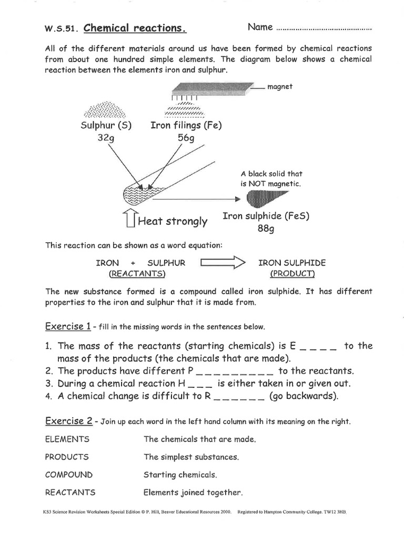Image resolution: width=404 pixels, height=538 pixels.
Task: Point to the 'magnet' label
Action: (x=280, y=87)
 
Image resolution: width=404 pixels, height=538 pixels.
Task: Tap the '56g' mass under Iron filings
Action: (x=186, y=138)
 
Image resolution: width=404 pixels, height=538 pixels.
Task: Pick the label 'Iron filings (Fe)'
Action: (x=186, y=126)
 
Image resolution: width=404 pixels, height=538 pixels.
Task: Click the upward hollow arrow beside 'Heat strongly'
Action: (x=130, y=219)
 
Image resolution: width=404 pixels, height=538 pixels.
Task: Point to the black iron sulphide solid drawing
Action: (x=266, y=199)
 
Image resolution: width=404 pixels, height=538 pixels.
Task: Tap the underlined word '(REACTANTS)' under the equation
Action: (x=137, y=274)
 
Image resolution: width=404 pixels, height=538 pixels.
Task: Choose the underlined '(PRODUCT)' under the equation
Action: (x=292, y=274)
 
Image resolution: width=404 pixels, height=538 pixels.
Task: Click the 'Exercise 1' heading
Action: (x=68, y=326)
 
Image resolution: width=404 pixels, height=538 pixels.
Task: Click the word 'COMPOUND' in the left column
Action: (x=68, y=474)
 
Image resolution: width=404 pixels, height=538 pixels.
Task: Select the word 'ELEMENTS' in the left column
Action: (x=67, y=439)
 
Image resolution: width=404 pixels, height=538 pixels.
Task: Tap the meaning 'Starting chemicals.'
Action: (x=180, y=474)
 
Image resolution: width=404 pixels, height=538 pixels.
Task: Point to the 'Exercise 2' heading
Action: (x=69, y=421)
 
